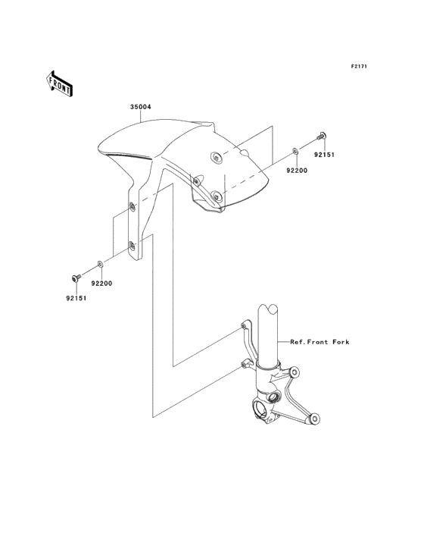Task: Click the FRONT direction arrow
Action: coord(59,83)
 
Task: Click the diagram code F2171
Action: coord(359,66)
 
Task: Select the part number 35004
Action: coord(140,107)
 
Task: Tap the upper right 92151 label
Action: coord(324,155)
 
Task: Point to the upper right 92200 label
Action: coord(297,171)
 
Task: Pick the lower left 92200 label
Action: coord(101,283)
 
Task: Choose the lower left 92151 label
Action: coord(76,298)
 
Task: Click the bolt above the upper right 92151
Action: coord(321,136)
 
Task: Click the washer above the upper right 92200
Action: coord(295,152)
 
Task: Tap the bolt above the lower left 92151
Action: coord(76,277)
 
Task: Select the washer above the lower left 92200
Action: coord(101,264)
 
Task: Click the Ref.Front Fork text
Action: coord(320,342)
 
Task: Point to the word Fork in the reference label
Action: coord(341,342)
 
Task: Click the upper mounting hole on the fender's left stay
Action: coord(132,206)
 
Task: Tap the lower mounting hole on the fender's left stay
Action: coord(132,246)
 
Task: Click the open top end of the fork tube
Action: coord(268,309)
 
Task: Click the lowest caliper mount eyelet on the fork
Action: coord(313,419)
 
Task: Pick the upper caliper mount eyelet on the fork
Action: coord(294,372)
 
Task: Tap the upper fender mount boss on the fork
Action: coord(244,325)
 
